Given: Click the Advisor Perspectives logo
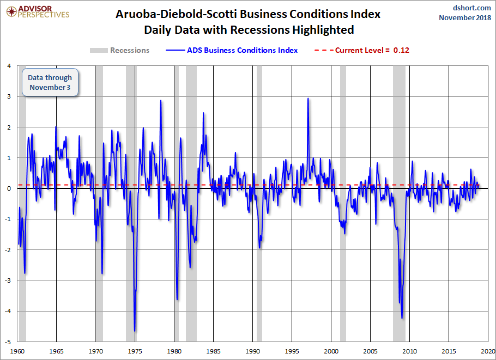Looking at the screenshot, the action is click(x=38, y=12).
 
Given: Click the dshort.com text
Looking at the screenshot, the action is click(x=471, y=8).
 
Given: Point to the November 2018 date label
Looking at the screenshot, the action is click(x=465, y=17).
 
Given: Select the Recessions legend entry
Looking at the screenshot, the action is click(x=119, y=50).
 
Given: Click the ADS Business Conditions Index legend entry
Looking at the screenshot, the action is click(x=232, y=50).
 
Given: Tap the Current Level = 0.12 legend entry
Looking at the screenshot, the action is click(x=362, y=50).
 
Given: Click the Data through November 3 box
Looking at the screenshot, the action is click(x=50, y=82).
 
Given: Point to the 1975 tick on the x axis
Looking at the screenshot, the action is click(x=135, y=351).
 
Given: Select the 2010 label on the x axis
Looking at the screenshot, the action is click(x=409, y=351).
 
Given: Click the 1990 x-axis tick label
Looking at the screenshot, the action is click(x=252, y=351).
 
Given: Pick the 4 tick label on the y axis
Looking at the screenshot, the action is click(x=9, y=66).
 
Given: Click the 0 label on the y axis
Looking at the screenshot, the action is click(x=9, y=188).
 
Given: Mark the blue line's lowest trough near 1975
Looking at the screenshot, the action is click(x=135, y=331).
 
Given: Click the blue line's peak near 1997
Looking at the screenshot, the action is click(x=308, y=99).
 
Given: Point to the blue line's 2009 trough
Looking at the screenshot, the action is click(x=402, y=318).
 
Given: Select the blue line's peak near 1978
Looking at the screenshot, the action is click(x=161, y=101).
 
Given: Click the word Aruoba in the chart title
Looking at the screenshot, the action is click(x=136, y=14).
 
